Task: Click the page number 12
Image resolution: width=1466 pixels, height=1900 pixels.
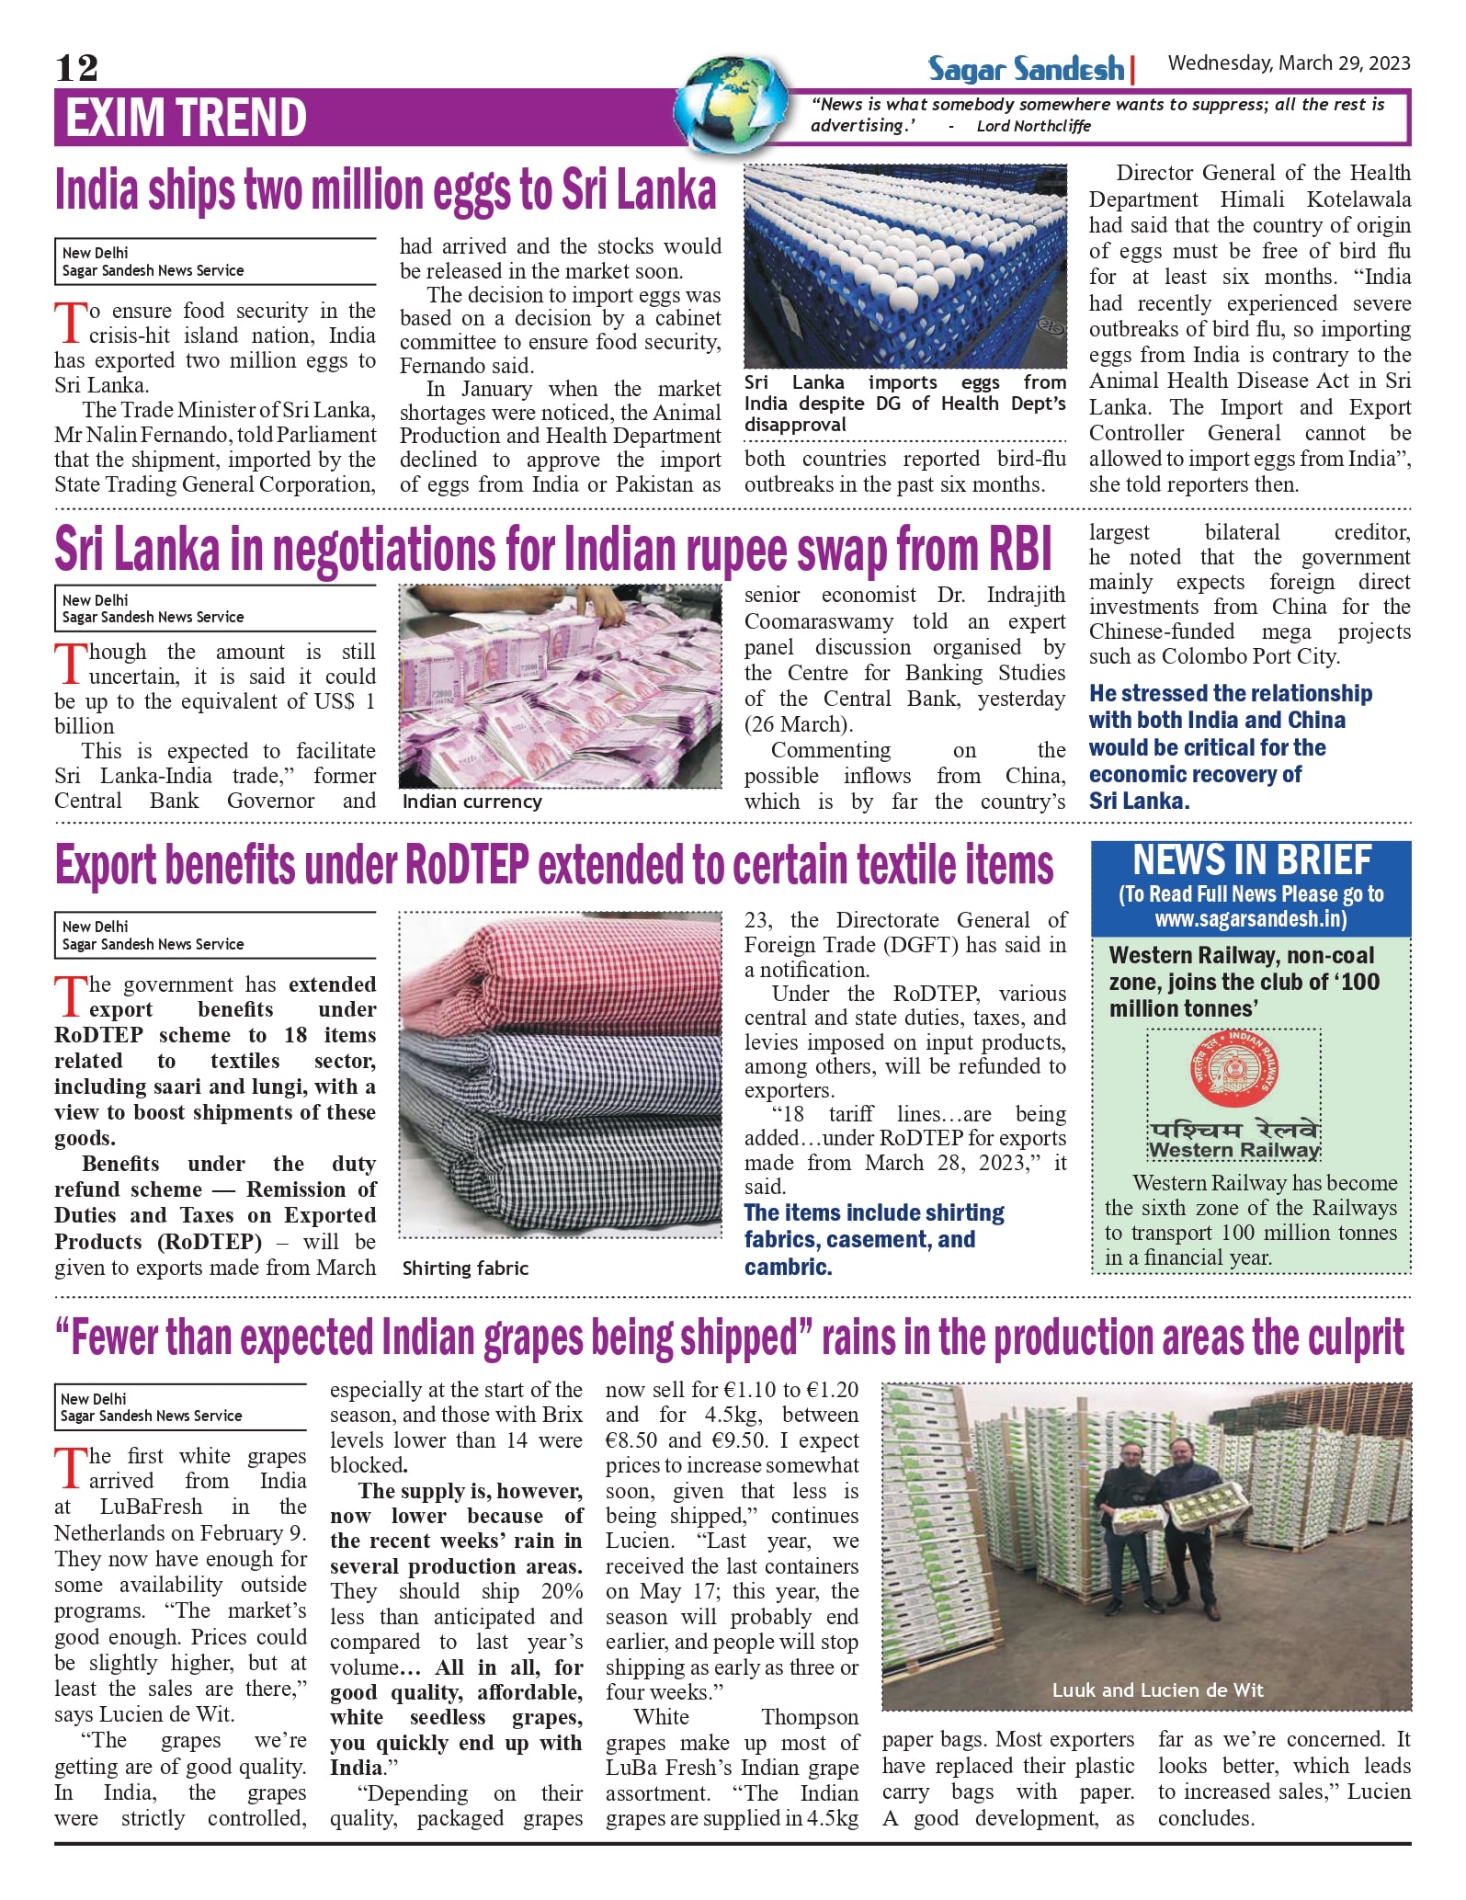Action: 76,67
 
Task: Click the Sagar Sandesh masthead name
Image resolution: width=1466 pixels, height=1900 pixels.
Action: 1026,68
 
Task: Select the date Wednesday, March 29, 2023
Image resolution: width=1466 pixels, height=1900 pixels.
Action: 1289,63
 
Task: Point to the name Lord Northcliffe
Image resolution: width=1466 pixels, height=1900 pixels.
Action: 1033,126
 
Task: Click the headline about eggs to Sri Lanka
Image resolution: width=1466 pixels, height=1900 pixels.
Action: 385,190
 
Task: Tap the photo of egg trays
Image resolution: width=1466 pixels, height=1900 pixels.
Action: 904,266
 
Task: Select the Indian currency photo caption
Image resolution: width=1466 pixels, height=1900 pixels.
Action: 472,802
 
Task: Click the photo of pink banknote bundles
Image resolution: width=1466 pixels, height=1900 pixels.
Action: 560,686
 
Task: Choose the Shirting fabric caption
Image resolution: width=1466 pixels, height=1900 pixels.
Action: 465,1269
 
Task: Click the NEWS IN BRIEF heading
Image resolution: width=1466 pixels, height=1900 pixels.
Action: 1251,860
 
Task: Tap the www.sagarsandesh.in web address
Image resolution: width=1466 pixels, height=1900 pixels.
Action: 1251,918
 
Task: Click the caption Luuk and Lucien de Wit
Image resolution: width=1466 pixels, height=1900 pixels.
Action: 1157,1690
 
